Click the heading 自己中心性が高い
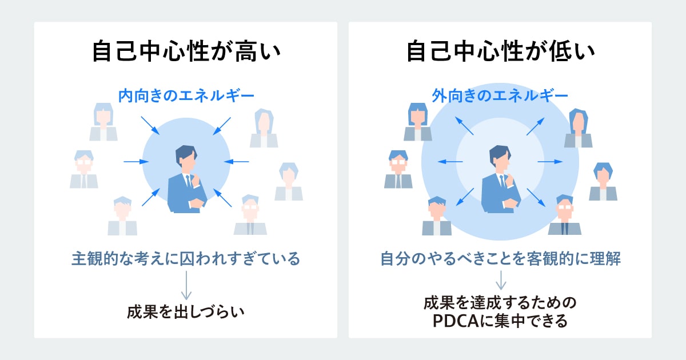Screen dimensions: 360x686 coord(186,52)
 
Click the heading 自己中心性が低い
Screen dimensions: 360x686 coord(500,52)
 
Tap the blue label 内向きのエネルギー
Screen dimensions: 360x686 coord(186,95)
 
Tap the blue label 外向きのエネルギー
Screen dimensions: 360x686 coord(500,95)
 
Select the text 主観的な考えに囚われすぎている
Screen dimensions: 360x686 coord(186,259)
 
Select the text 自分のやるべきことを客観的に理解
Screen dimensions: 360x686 coord(501,259)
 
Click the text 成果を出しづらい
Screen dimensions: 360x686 coord(186,312)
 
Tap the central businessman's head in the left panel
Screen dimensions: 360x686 coord(186,157)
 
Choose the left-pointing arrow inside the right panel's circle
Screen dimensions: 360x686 coord(450,162)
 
